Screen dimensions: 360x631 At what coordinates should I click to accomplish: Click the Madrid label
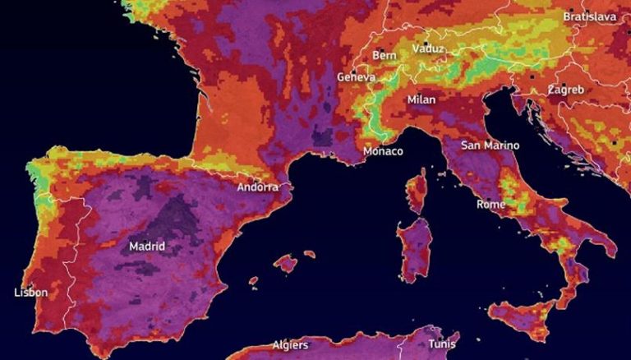click(x=147, y=246)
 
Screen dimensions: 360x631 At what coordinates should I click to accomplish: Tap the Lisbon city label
click(x=31, y=293)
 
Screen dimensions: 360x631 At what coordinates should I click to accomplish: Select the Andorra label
click(x=258, y=187)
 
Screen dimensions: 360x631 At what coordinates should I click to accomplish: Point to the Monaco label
click(x=383, y=151)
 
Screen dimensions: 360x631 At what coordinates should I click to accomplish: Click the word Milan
click(x=421, y=99)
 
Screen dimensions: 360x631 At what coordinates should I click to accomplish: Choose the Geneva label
click(x=356, y=77)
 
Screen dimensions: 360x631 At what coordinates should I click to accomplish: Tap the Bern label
click(x=385, y=55)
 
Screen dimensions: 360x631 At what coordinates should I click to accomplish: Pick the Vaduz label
click(x=429, y=48)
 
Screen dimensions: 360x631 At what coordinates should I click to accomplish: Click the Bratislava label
click(x=590, y=16)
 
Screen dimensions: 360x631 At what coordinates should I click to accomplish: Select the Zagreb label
click(x=565, y=89)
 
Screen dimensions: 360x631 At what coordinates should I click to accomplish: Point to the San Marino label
click(x=490, y=145)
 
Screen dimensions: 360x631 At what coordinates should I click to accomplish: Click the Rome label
click(x=491, y=204)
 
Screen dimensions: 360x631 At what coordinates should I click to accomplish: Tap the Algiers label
click(x=290, y=345)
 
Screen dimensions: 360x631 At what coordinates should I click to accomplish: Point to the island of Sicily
click(x=526, y=317)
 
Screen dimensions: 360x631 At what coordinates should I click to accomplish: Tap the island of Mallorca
click(x=285, y=264)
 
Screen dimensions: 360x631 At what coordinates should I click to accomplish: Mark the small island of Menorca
click(x=309, y=254)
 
